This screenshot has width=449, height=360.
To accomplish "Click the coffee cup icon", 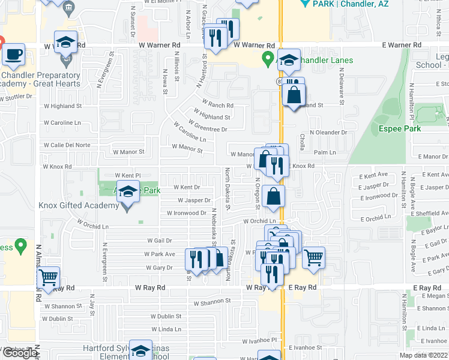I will coord(13,55).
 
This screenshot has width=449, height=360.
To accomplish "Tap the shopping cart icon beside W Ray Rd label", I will coord(49,278).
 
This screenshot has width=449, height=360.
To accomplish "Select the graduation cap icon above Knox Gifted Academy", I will coord(127,191).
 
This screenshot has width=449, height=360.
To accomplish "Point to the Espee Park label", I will coord(399,128).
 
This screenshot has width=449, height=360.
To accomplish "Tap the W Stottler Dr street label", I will coord(16,96).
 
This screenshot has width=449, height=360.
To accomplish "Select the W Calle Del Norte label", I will coord(66,145).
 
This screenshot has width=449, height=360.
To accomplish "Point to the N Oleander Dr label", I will coord(328,132).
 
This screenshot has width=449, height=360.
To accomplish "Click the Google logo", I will coord(20,353).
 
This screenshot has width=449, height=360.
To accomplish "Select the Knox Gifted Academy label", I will coord(78,206).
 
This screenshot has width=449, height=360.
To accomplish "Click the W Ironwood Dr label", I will coord(187,213).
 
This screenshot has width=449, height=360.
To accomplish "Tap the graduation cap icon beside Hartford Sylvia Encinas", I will coord(140,351).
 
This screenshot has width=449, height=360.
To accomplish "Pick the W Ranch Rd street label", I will coord(217,105).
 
